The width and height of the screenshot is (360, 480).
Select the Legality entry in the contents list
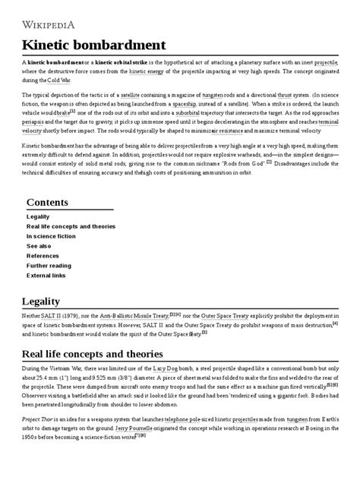(x=39, y=216)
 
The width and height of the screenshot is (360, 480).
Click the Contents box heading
(x=58, y=202)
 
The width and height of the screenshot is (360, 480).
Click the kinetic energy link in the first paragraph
(x=152, y=71)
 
